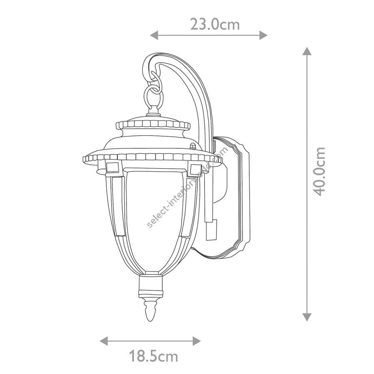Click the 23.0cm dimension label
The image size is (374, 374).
point(215,25)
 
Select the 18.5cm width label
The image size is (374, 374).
point(153,357)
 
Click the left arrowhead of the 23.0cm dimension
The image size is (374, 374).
point(154,35)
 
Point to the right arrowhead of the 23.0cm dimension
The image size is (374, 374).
point(263,35)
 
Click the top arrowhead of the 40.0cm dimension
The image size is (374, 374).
point(307,51)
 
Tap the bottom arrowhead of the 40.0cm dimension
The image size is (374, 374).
point(307,317)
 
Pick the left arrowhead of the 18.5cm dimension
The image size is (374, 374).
point(104,341)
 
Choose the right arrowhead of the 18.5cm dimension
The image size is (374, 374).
point(197,341)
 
